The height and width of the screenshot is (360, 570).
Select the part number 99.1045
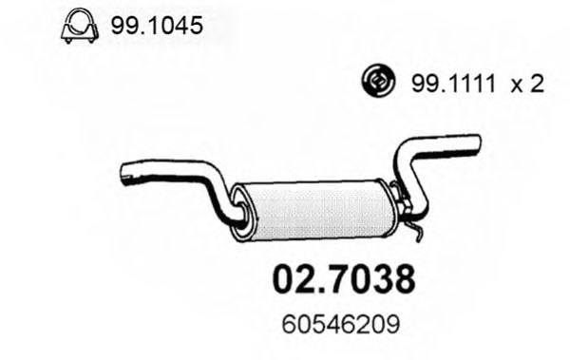tap(157, 28)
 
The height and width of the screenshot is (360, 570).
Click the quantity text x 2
tap(526, 85)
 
